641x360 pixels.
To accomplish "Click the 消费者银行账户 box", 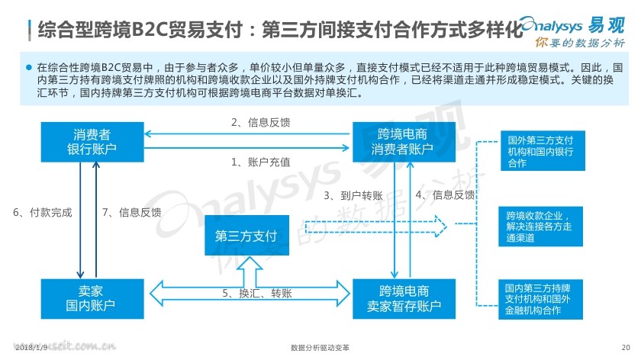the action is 92,142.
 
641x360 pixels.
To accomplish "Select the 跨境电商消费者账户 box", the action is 404,142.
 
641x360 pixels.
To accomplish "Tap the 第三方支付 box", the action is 247,236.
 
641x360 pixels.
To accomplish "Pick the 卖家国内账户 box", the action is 92,299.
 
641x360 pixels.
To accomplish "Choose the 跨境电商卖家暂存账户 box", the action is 404,299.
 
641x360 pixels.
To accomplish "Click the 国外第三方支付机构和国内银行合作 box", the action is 543,151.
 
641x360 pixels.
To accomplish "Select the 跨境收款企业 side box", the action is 540,227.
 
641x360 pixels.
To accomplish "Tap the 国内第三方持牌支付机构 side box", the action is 540,300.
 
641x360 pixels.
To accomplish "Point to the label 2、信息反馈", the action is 260,122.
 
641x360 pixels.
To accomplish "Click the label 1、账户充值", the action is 260,162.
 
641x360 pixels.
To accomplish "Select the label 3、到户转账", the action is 353,196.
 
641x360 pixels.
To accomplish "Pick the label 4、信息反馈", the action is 445,195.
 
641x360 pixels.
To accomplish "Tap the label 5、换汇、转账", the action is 257,293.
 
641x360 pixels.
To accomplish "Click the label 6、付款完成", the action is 43,212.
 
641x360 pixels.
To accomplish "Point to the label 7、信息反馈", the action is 131,212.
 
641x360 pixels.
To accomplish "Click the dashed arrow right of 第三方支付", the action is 376,227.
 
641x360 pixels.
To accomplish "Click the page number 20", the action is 626,347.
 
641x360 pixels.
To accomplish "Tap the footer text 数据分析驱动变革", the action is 320,347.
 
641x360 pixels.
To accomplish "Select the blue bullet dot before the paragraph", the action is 29,67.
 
